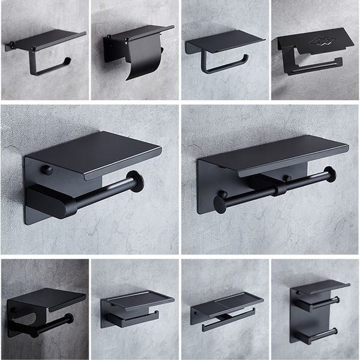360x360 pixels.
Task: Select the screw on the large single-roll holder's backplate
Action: [x=47, y=170]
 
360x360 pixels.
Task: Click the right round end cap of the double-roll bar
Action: [x=329, y=175]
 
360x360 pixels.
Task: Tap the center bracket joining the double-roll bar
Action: [x=277, y=190]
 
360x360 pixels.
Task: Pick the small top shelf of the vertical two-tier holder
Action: [x=318, y=287]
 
